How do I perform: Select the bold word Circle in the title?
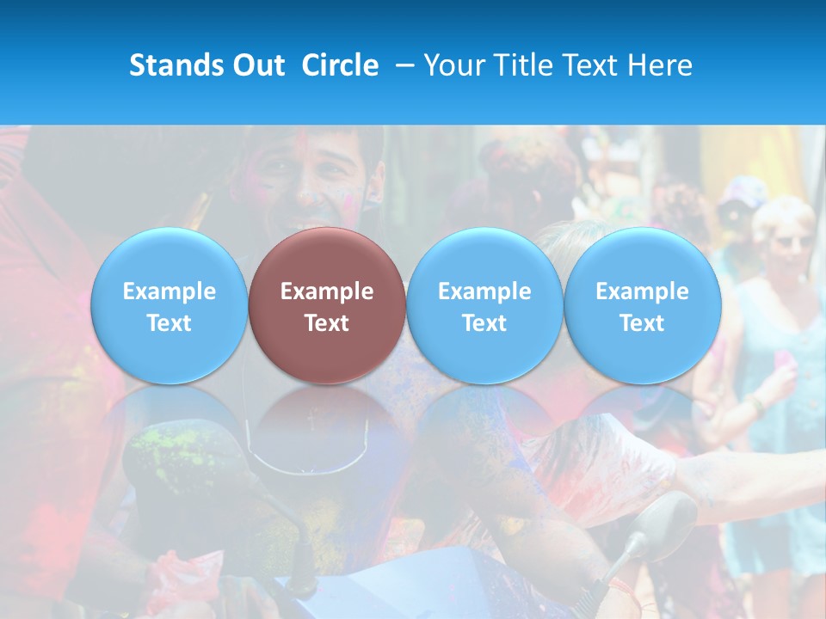[x=340, y=65]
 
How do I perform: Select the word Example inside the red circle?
[x=327, y=291]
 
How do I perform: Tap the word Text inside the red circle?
[x=327, y=323]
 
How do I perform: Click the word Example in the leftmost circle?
[x=169, y=291]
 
